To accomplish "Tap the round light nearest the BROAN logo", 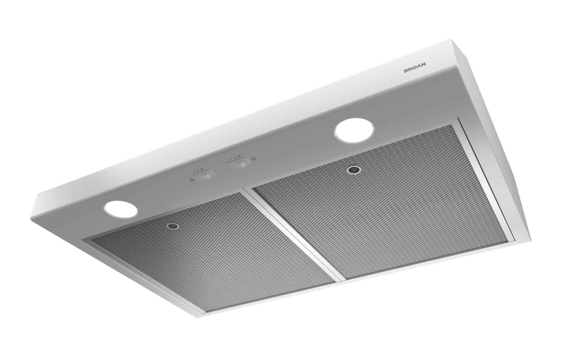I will click(x=354, y=132).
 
